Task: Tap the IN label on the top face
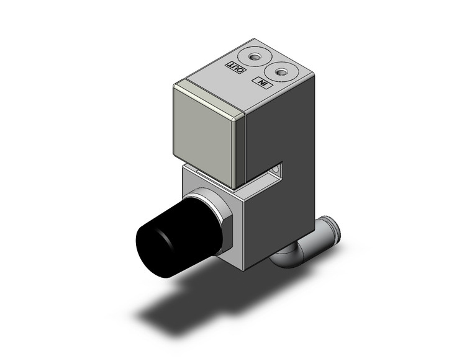point(261,83)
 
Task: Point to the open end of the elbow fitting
point(334,226)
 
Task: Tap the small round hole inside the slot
point(278,168)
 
